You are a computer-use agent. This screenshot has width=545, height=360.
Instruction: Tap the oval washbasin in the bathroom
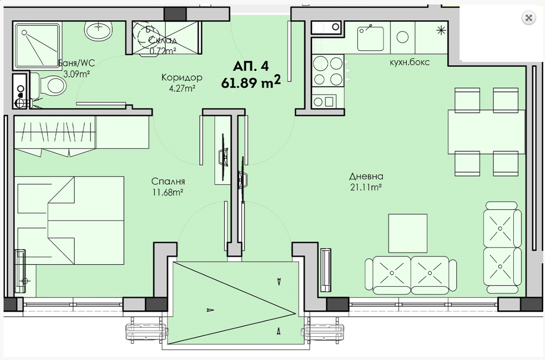tap(98, 30)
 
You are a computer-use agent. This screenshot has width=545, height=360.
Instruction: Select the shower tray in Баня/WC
tap(37, 45)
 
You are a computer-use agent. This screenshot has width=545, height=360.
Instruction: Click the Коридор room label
tap(182, 78)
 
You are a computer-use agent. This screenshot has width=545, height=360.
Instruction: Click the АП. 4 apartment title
tap(251, 66)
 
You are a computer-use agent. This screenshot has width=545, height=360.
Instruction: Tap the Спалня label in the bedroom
tap(168, 182)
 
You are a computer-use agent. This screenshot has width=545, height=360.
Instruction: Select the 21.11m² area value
tap(366, 187)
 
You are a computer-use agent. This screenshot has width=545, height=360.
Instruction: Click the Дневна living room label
tap(366, 177)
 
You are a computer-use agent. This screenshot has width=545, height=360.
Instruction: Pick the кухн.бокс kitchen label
tap(410, 62)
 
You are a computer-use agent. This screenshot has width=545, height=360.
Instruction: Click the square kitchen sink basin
tap(371, 39)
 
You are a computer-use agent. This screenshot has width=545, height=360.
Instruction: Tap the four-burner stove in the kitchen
tap(328, 70)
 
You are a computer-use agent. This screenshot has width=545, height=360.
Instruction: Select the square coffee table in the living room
tap(408, 233)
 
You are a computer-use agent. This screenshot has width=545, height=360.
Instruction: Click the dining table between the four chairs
tap(487, 132)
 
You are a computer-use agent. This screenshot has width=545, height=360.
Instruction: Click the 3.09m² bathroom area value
tap(77, 74)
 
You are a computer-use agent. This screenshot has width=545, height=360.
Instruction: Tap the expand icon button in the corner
tap(528, 18)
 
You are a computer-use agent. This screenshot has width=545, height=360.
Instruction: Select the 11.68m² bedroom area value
tap(168, 193)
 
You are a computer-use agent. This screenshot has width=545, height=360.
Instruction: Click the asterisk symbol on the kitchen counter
tap(441, 30)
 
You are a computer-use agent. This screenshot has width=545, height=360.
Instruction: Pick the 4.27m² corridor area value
tap(182, 89)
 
